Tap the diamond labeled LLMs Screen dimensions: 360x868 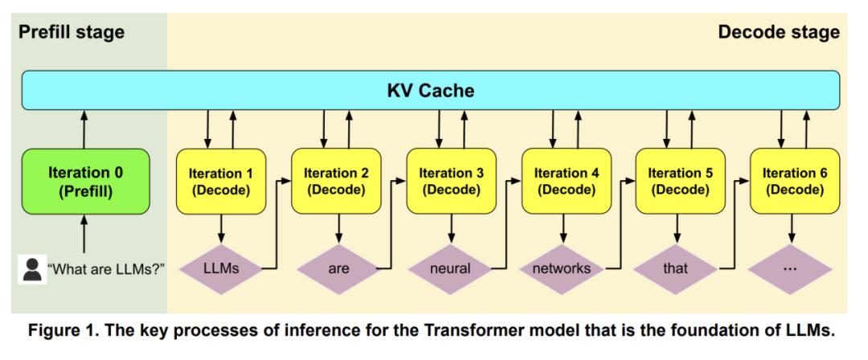(x=221, y=268)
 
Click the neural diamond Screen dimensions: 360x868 (x=451, y=268)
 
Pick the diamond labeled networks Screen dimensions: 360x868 (x=566, y=268)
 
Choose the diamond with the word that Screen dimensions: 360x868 (x=681, y=268)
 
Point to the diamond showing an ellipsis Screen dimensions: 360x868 (x=795, y=268)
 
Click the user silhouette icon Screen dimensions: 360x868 (x=32, y=268)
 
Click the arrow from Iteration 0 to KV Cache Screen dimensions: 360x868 (x=84, y=129)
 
